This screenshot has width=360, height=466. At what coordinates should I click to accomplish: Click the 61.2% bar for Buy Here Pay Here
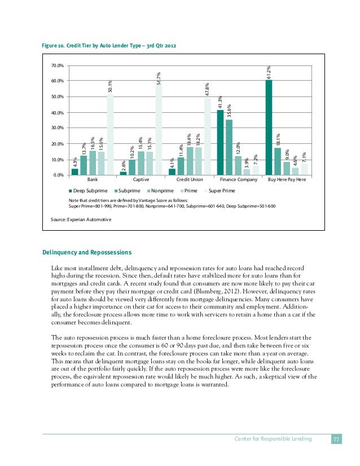[x=269, y=128]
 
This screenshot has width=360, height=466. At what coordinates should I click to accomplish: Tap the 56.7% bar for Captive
[x=159, y=130]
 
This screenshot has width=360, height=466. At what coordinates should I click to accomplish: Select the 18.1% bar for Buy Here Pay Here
[x=278, y=161]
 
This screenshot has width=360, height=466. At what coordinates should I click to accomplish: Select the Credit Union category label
[x=190, y=180]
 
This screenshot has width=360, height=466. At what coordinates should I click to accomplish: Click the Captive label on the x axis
[x=141, y=180]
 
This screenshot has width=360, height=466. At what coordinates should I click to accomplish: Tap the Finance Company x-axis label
[x=239, y=180]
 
